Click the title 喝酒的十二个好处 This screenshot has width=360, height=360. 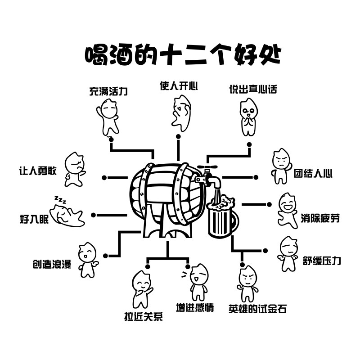point(183,55)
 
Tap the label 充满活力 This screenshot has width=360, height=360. point(108,92)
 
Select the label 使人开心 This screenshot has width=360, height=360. point(179,85)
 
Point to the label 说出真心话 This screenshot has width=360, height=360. point(253,89)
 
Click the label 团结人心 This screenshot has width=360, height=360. point(313,173)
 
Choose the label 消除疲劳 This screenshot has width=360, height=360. point(320,219)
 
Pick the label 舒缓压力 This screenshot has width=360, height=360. point(322,261)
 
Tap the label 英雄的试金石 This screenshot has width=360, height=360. point(257,309)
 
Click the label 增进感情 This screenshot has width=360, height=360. point(195,308)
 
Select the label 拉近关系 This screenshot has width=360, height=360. point(143,316)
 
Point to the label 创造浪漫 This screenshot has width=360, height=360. point(52,264)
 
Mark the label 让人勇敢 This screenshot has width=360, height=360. point(38,171)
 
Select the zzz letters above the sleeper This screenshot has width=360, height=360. point(60,199)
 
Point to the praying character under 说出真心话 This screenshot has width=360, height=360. point(247,117)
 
